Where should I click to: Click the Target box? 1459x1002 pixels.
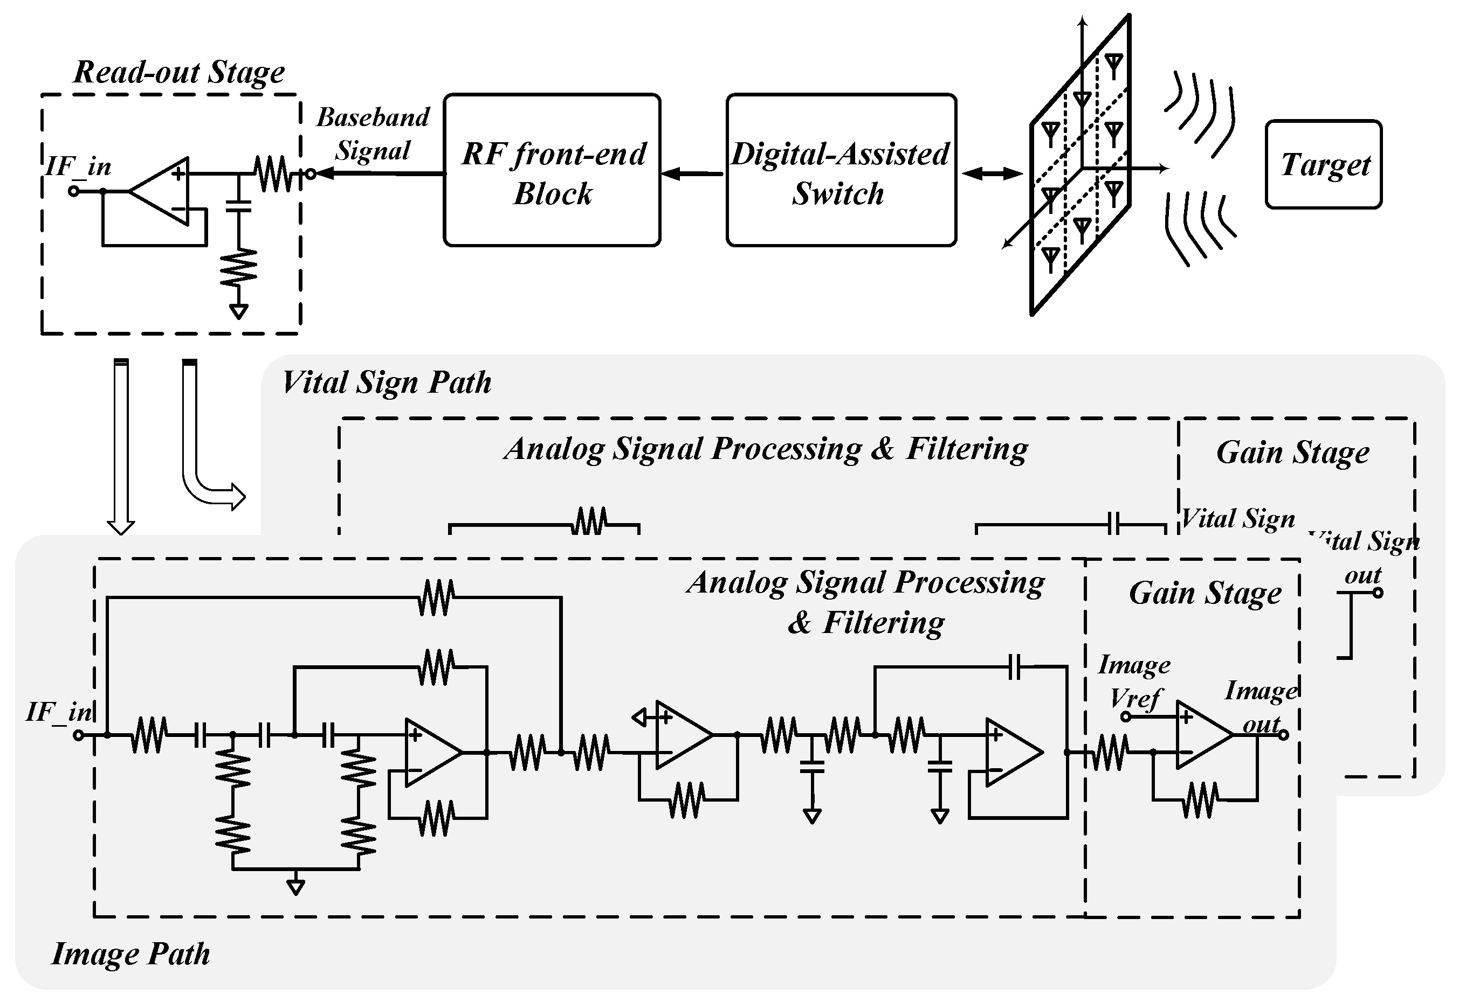click(1323, 164)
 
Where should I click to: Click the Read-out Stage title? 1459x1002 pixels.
click(179, 72)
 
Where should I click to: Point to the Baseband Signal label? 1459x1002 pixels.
click(373, 134)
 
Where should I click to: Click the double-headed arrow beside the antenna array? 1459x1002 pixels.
click(992, 174)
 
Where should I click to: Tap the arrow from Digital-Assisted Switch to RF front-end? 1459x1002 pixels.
click(692, 174)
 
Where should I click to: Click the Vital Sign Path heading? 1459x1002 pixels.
click(386, 382)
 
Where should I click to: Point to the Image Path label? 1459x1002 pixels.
click(130, 954)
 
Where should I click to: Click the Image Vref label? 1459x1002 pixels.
click(1134, 681)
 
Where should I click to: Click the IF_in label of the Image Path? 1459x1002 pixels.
click(58, 712)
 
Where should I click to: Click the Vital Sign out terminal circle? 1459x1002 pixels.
click(1378, 593)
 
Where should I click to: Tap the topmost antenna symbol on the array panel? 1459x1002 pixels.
click(1113, 65)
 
